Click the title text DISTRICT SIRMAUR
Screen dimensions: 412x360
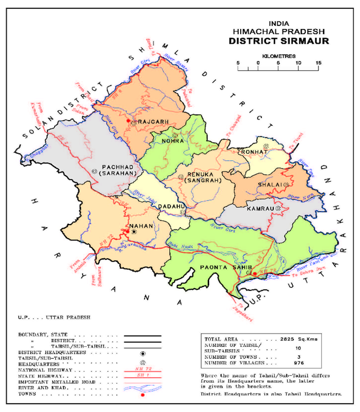(279, 41)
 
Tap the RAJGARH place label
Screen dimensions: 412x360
(153, 122)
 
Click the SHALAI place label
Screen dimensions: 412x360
(270, 184)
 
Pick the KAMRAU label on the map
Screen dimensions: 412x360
(259, 209)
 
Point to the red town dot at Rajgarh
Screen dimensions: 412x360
(128, 121)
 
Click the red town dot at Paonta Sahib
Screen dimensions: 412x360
(254, 274)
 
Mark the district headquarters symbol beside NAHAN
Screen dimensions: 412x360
(135, 232)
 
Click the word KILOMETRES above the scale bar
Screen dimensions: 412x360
(279, 55)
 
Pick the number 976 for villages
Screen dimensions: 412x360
(297, 363)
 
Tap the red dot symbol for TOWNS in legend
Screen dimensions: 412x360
(142, 394)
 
